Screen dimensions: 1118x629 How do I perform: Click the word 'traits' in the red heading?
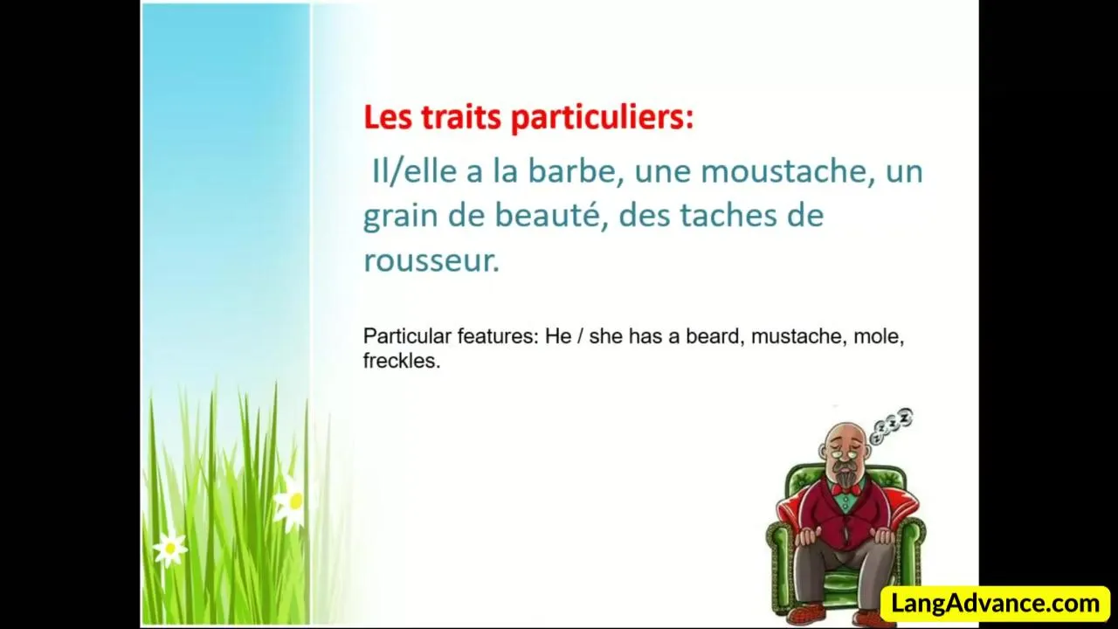click(x=461, y=117)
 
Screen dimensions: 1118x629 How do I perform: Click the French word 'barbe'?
click(x=576, y=171)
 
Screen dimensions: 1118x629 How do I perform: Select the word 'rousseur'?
click(x=428, y=260)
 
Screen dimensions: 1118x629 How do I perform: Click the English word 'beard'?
click(x=715, y=336)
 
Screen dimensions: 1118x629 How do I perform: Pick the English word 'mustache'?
click(x=799, y=336)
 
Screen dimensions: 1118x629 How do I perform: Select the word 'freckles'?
click(x=401, y=361)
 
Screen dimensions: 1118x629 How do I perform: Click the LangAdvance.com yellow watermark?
click(x=996, y=604)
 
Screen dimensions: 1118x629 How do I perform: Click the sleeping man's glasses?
click(x=844, y=453)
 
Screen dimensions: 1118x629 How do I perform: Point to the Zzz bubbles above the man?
click(x=892, y=425)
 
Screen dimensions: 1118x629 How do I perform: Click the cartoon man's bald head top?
click(x=843, y=431)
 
